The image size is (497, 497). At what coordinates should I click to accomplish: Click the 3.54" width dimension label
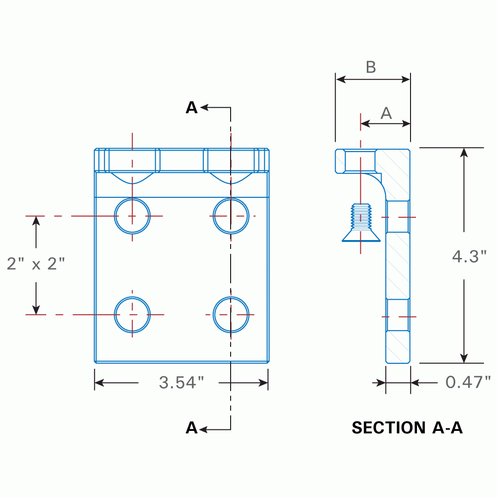point(181,382)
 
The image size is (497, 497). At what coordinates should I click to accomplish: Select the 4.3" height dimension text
point(469,256)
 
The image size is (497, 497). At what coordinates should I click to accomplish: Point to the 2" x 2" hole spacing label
point(36,263)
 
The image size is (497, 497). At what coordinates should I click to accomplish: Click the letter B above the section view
point(371,68)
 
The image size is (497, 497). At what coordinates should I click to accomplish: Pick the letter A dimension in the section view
point(386,113)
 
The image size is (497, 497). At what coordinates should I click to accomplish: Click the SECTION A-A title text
point(407,427)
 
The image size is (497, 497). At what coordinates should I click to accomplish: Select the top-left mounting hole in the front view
point(132,216)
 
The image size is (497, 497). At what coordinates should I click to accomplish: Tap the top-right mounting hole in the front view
point(231,216)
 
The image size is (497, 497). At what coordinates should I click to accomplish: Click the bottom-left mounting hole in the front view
point(132,315)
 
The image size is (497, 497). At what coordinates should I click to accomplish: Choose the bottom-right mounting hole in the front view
point(231,315)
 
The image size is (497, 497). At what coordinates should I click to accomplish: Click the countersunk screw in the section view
point(361,224)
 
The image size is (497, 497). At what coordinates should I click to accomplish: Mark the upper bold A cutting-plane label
point(191,107)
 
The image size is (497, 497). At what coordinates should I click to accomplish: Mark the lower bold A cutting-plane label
point(191,427)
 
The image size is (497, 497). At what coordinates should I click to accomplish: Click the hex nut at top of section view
point(355,161)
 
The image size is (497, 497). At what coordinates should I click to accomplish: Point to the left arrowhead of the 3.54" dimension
point(99,382)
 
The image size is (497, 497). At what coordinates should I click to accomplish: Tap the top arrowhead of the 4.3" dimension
point(464,153)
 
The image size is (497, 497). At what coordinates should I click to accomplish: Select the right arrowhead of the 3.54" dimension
point(263,382)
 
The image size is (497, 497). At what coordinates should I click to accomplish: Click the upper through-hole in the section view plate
point(398,217)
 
